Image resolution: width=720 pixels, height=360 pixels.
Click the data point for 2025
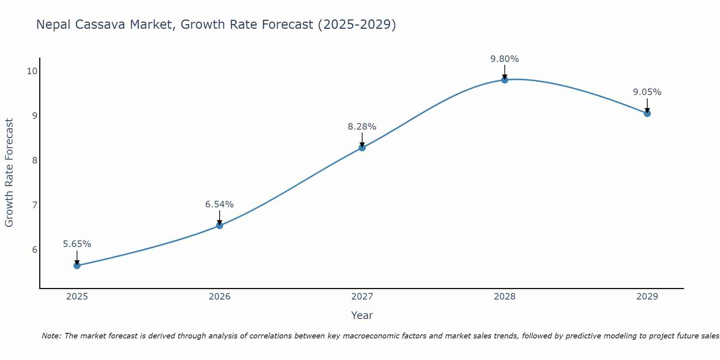coord(77,266)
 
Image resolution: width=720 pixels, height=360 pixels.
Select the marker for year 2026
coord(220,226)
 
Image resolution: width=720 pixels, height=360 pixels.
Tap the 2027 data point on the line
coord(362,148)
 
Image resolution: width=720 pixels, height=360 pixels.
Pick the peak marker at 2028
coord(505,80)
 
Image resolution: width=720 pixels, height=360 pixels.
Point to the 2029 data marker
coord(647,113)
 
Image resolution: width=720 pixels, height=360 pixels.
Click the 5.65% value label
coord(77,244)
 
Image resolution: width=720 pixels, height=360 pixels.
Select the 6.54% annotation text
coord(220,204)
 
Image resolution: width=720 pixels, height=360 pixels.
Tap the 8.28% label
coord(362,127)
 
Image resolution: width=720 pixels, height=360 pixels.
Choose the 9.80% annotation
coord(505,59)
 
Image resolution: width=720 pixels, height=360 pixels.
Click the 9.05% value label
coord(647,92)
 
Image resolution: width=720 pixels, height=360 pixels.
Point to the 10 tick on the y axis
coord(32,71)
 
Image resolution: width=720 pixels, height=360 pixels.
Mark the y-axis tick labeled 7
coord(35,205)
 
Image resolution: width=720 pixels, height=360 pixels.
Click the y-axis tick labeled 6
coord(35,250)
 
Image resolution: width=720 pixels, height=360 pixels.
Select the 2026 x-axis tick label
coord(220,297)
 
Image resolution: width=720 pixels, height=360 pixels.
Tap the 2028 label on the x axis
coord(505,297)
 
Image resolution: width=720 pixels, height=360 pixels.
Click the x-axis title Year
coord(362,315)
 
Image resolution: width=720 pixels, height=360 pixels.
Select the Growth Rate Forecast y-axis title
coord(9,173)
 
